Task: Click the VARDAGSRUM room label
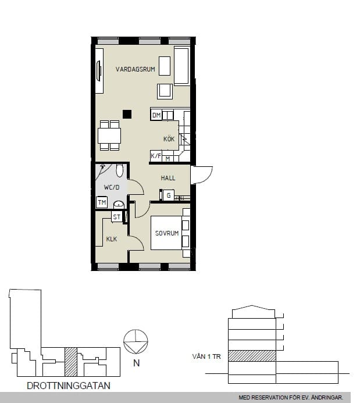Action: [135, 69]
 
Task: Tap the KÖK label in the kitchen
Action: [169, 139]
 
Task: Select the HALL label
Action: [168, 178]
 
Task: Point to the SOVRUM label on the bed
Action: [167, 233]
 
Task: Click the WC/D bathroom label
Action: [112, 187]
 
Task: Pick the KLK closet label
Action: [112, 239]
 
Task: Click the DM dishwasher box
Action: [156, 115]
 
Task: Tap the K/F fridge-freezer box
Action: [156, 156]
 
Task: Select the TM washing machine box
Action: [102, 202]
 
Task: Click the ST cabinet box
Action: [117, 217]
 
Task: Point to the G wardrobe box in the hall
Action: [168, 195]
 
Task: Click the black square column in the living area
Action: [127, 114]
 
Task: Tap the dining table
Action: [109, 135]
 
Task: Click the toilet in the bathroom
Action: [119, 170]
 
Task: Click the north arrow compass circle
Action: [136, 341]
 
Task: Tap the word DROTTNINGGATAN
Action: [69, 386]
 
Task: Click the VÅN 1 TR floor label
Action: [206, 356]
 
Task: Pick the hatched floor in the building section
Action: [252, 356]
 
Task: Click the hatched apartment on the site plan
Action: [71, 362]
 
